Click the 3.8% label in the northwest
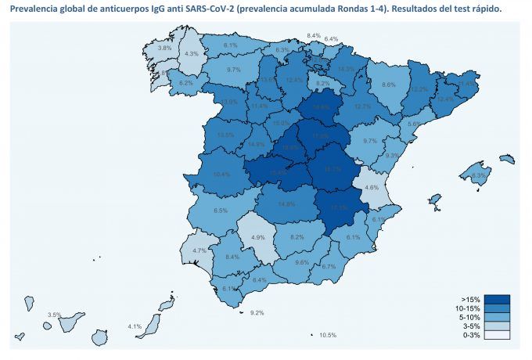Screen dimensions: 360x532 164,48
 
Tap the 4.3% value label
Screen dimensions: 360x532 191,54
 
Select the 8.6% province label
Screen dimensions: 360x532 388,85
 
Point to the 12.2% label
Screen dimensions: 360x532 419,89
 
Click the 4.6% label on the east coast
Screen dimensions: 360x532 372,188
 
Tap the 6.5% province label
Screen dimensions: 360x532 221,211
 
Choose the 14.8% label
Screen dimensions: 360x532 286,204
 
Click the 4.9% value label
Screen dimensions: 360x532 257,237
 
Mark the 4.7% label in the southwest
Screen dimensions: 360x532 199,250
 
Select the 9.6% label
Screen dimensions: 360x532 302,262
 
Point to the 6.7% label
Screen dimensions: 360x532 329,267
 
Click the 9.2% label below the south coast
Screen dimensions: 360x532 257,312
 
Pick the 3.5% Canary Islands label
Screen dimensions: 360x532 54,315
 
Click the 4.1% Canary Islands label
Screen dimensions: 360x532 134,326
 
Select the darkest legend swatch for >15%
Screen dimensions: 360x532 497,300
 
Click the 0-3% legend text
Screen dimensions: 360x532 470,335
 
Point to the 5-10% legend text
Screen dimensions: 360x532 469,317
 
